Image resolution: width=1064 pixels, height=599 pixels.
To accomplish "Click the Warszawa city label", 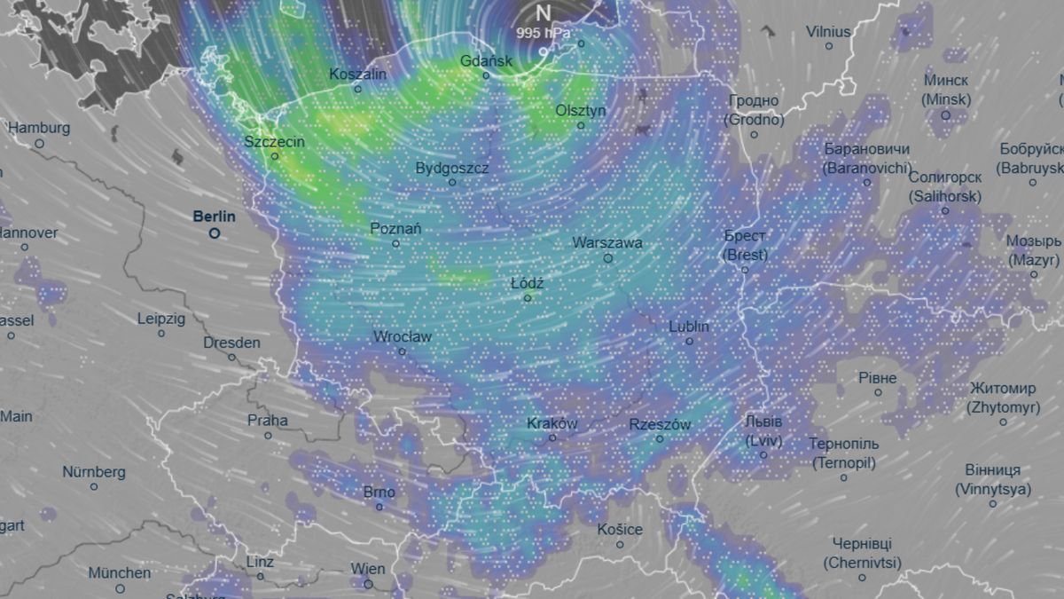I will pyautogui.click(x=607, y=242).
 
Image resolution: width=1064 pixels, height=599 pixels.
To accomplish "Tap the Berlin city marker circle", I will pyautogui.click(x=214, y=233).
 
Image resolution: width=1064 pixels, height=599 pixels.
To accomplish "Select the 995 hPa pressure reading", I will pyautogui.click(x=544, y=33).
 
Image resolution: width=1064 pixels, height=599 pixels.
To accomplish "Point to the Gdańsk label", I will pyautogui.click(x=486, y=61).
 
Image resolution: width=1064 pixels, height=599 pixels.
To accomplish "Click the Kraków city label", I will pyautogui.click(x=552, y=423).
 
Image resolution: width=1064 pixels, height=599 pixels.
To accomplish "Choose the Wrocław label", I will pyautogui.click(x=403, y=336).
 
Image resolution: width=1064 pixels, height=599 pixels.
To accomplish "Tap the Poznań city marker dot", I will pyautogui.click(x=395, y=243).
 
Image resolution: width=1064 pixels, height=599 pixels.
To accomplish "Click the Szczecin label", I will pyautogui.click(x=275, y=141).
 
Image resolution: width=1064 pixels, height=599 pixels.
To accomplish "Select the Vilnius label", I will pyautogui.click(x=828, y=31).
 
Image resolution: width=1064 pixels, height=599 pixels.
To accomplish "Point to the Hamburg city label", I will pyautogui.click(x=38, y=127).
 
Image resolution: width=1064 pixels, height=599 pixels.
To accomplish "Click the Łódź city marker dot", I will pyautogui.click(x=528, y=298).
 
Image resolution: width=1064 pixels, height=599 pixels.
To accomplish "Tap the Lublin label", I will pyautogui.click(x=689, y=326).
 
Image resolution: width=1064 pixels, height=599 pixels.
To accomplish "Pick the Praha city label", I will pyautogui.click(x=267, y=420).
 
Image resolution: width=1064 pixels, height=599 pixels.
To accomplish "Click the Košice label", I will pyautogui.click(x=619, y=529).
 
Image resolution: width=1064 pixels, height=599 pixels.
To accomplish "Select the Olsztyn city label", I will pyautogui.click(x=581, y=110).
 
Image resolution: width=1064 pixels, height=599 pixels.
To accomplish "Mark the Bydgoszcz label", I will pyautogui.click(x=451, y=168).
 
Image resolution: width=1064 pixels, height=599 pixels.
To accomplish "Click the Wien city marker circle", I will pyautogui.click(x=368, y=584).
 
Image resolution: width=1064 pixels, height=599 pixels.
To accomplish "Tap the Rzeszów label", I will pyautogui.click(x=660, y=424).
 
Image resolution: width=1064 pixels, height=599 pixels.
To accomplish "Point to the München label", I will pyautogui.click(x=120, y=572).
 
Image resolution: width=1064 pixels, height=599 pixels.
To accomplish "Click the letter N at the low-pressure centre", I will pyautogui.click(x=543, y=13).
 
